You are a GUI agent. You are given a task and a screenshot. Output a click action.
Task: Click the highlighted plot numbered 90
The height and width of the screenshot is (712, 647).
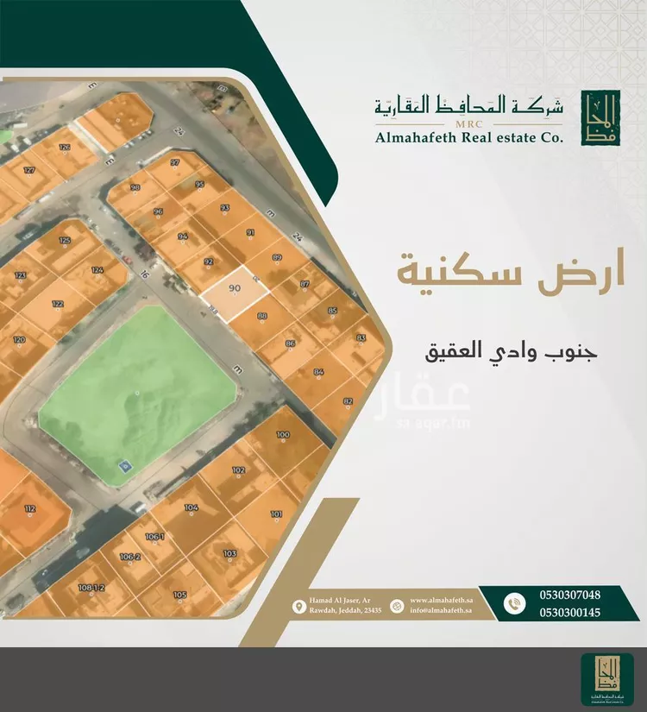click(234, 291)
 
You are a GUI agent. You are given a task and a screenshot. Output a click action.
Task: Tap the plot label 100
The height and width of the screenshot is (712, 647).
click(283, 434)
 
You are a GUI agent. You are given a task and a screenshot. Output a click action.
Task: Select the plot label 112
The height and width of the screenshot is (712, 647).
click(30, 509)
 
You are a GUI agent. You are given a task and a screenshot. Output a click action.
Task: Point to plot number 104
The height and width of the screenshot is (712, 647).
click(192, 507)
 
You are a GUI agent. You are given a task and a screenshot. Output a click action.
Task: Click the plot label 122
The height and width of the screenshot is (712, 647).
click(58, 304)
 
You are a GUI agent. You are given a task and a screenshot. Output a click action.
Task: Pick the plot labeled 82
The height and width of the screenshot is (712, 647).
click(348, 401)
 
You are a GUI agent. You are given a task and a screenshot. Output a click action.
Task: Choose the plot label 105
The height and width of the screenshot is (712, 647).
click(179, 595)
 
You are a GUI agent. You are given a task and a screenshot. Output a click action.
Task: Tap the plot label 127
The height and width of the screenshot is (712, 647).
click(29, 170)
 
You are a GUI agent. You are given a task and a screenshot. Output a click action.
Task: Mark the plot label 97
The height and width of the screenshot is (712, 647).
click(175, 162)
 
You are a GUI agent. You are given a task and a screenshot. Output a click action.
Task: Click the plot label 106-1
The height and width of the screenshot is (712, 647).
click(154, 537)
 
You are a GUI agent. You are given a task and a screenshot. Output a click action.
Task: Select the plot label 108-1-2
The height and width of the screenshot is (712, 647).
click(91, 588)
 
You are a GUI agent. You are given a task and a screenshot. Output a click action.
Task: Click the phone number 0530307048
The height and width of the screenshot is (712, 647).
click(569, 595)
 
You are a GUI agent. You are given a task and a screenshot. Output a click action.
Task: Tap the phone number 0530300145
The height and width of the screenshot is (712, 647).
click(569, 612)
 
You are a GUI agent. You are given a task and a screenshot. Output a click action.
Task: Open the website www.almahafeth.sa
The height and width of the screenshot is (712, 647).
click(440, 599)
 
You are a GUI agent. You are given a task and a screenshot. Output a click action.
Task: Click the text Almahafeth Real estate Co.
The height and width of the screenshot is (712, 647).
click(468, 136)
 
